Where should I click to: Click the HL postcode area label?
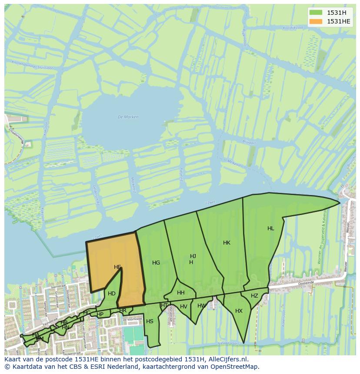click(271, 228)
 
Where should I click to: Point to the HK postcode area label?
click(227, 243)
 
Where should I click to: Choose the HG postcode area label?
click(156, 263)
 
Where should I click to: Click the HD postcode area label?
click(112, 294)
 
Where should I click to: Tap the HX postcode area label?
click(239, 311)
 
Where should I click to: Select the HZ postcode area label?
click(254, 296)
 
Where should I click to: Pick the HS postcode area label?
click(150, 321)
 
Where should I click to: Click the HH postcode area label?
click(181, 293)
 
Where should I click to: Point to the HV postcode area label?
click(183, 307)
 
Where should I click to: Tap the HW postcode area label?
click(202, 306)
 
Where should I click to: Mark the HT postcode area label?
click(164, 305)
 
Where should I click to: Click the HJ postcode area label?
click(193, 256)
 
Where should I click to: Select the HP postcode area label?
click(100, 314)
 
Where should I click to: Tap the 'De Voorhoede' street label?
click(132, 319)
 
